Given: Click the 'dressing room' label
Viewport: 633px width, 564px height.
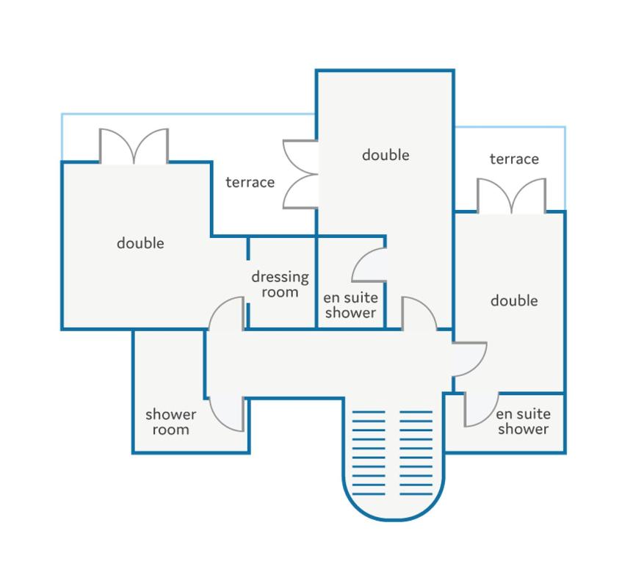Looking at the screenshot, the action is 281,284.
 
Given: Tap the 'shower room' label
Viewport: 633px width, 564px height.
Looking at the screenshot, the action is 171,422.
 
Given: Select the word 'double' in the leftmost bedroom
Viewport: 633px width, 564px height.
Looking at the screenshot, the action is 140,243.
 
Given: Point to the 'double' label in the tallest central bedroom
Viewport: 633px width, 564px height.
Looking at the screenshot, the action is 386,155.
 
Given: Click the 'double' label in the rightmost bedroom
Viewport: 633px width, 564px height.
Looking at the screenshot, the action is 514,300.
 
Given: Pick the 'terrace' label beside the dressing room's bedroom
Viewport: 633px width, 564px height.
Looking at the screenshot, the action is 250,182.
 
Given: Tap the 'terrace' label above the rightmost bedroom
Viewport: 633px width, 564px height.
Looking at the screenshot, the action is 514,159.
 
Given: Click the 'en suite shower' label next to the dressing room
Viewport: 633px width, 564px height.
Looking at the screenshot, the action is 350,305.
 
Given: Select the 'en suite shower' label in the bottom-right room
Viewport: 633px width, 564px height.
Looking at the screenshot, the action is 523,421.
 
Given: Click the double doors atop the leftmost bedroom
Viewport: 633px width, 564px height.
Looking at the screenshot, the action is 134,146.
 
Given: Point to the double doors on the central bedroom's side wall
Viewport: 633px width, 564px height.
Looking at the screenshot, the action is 300,174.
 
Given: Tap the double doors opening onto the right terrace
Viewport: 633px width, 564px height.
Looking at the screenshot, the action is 512,196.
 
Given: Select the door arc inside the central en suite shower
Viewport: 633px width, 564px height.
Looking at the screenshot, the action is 369,265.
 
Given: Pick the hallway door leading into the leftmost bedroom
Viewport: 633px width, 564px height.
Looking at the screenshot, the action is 227,314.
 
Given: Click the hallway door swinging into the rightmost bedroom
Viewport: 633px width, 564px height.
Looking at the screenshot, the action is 469,359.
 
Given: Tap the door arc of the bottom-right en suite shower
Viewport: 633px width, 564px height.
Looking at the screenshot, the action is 481,409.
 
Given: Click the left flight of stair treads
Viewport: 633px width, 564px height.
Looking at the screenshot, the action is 369,453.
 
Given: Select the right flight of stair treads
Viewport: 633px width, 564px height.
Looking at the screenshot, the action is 416,453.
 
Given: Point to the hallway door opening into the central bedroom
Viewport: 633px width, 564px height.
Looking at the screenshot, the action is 419,314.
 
